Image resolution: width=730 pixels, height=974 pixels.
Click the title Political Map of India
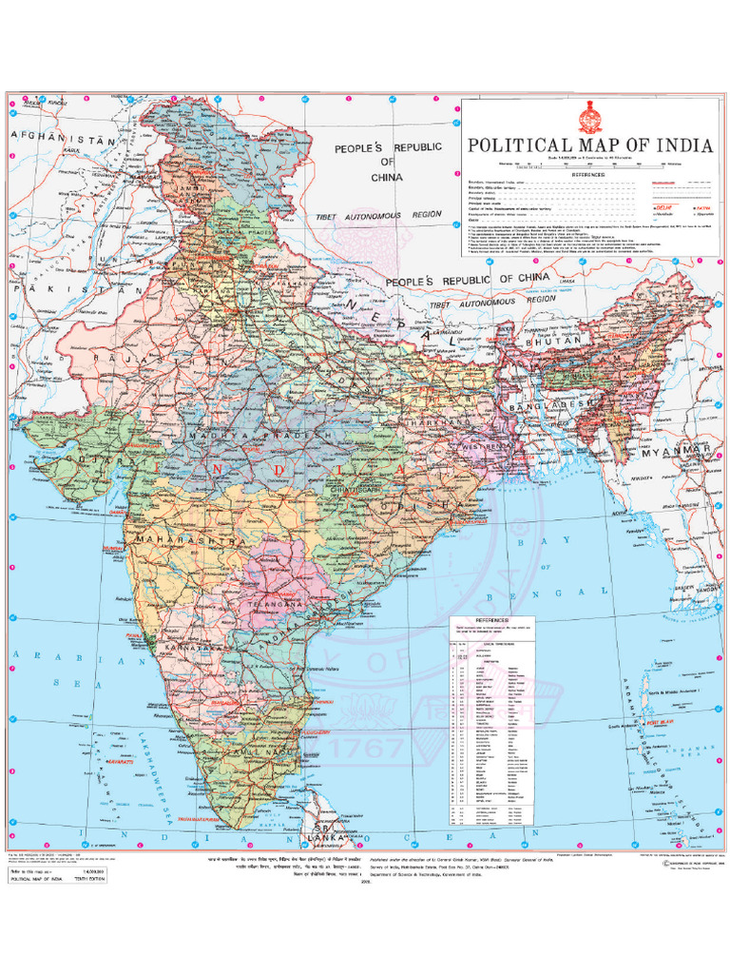[588, 146]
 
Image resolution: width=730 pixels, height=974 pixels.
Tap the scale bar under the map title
[588, 165]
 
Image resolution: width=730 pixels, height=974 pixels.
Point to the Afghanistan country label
[63, 137]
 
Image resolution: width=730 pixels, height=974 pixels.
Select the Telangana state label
[275, 604]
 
